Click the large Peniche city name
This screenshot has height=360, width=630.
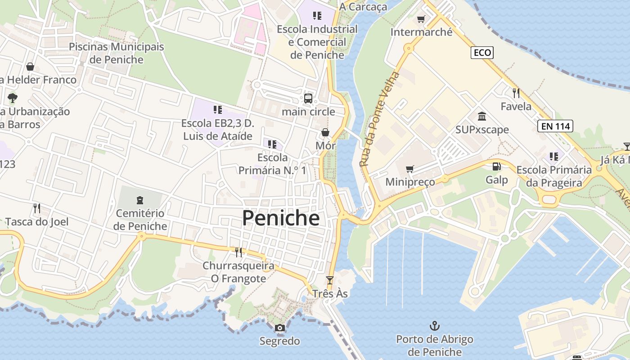(281, 218)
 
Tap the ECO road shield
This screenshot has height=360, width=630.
(482, 53)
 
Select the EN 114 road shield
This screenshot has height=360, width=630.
(555, 126)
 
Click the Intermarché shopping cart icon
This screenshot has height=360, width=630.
(421, 19)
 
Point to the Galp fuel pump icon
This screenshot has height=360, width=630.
(496, 166)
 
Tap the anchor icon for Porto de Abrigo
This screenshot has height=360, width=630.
(435, 325)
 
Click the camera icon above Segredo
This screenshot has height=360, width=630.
(280, 328)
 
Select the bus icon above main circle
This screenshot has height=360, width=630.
(308, 98)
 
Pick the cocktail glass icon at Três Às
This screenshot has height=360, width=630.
(330, 280)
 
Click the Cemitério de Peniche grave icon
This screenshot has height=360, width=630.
(140, 200)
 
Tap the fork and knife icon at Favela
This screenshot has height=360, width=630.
(516, 93)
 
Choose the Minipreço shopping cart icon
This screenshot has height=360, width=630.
(409, 169)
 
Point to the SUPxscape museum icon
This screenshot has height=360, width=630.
(482, 117)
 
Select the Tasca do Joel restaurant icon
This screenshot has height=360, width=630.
(37, 208)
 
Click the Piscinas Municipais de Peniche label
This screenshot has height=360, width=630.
(116, 53)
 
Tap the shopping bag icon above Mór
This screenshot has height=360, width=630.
(325, 132)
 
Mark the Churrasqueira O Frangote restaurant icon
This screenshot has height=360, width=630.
(238, 252)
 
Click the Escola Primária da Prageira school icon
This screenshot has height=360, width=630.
(554, 157)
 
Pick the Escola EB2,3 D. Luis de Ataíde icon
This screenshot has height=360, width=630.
(218, 110)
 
